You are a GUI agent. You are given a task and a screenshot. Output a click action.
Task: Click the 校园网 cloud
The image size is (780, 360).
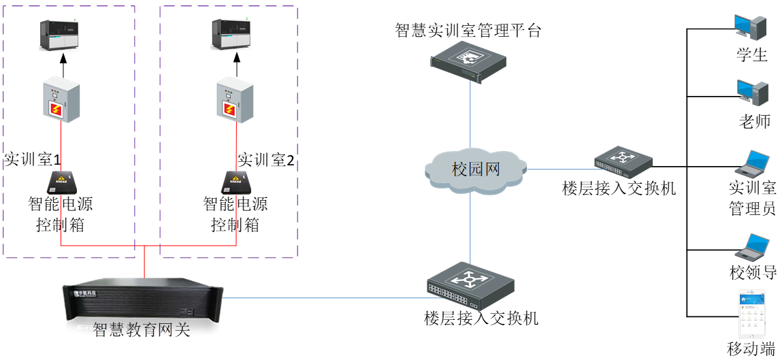click(x=476, y=168)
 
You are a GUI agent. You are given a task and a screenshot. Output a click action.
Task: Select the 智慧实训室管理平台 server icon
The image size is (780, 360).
click(x=469, y=60)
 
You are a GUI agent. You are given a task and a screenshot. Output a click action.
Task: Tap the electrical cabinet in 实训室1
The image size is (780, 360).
click(x=61, y=101)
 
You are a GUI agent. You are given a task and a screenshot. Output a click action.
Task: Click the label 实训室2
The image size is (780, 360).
click(x=266, y=160)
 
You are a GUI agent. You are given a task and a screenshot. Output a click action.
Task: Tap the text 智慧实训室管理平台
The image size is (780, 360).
click(x=468, y=30)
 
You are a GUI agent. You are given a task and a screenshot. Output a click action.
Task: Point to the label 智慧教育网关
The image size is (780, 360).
click(x=142, y=331)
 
